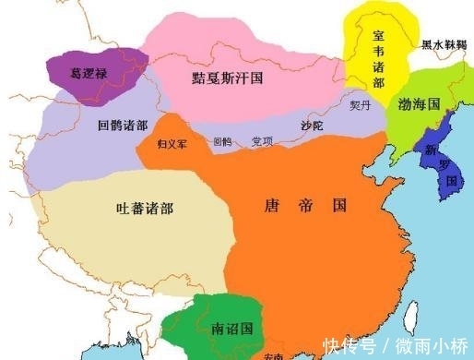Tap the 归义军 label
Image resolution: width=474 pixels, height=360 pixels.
pos(172,144)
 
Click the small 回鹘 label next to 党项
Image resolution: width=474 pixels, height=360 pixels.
pos(221,142)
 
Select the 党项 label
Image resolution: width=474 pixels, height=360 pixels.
pos(262,141)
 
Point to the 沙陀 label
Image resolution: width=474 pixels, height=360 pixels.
pos(314,122)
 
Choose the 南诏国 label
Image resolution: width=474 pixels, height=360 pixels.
pos(231,327)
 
